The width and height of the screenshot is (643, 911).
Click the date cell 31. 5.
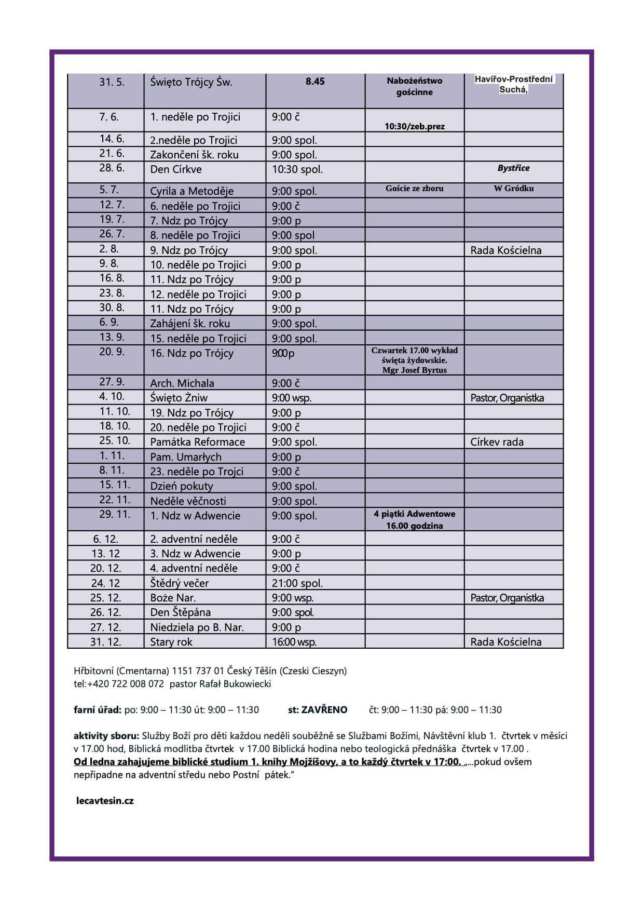click(x=112, y=82)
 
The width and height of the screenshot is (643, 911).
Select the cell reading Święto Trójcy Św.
click(x=191, y=82)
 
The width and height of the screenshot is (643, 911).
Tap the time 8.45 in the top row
click(x=315, y=82)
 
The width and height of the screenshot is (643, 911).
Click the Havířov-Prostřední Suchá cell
click(x=513, y=84)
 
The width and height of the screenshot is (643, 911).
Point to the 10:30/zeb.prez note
click(x=414, y=126)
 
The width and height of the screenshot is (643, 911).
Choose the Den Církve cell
click(x=176, y=169)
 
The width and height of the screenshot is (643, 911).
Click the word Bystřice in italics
click(x=513, y=168)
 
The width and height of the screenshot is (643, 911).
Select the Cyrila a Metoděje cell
click(x=191, y=191)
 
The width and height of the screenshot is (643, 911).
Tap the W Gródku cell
click(x=513, y=188)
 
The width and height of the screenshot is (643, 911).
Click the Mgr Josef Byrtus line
click(x=414, y=370)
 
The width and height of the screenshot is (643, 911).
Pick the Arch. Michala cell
click(x=182, y=383)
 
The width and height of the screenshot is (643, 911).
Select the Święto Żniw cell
click(x=179, y=398)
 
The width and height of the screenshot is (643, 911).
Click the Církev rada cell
click(x=497, y=442)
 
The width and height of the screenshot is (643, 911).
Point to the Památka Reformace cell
click(x=197, y=442)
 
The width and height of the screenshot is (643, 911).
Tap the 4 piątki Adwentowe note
click(x=414, y=514)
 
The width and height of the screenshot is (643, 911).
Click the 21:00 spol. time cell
click(x=297, y=583)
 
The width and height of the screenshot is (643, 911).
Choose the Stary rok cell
click(x=171, y=642)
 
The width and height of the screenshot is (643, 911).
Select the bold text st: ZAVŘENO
click(x=318, y=709)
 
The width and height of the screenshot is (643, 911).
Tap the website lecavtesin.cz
click(x=105, y=800)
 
